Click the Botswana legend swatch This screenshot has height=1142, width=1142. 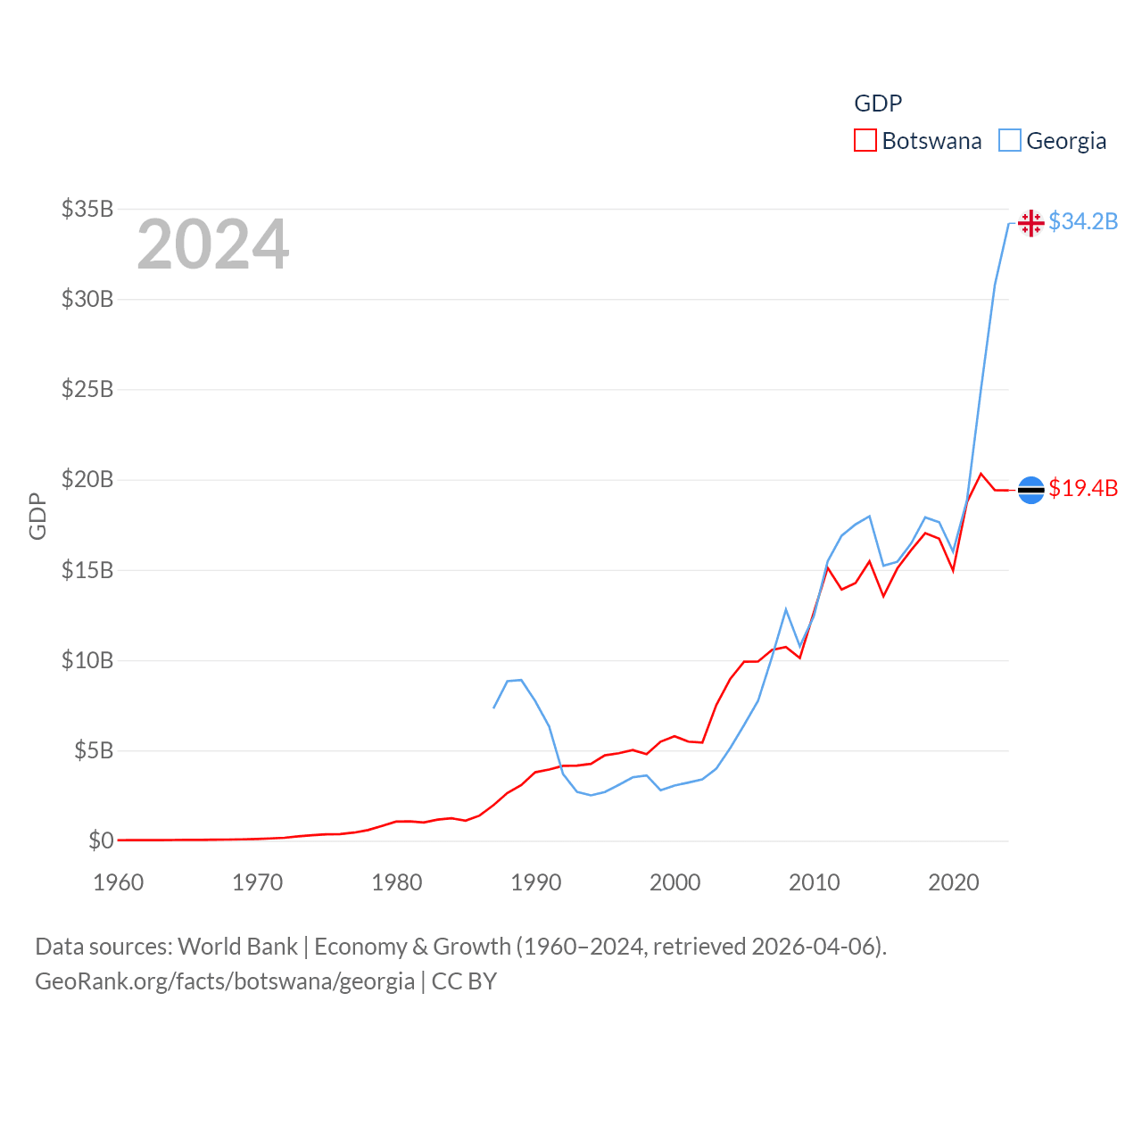pyautogui.click(x=865, y=141)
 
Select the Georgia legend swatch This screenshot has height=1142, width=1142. pyautogui.click(x=1009, y=141)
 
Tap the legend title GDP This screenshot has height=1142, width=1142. pyautogui.click(x=878, y=103)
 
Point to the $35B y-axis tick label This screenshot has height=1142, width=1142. pyautogui.click(x=87, y=209)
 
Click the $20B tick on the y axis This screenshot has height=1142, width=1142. pyautogui.click(x=87, y=479)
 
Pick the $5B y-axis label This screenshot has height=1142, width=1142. pyautogui.click(x=94, y=750)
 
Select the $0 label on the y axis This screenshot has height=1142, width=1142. pyautogui.click(x=101, y=840)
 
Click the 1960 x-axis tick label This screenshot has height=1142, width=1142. pyautogui.click(x=119, y=883)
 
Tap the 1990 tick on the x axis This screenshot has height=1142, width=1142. pyautogui.click(x=536, y=883)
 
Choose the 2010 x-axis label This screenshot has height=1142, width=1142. pyautogui.click(x=815, y=883)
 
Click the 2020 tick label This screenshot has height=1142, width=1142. pyautogui.click(x=954, y=883)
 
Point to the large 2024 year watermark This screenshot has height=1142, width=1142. pyautogui.click(x=213, y=244)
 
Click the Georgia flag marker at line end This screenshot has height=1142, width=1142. pyautogui.click(x=1030, y=222)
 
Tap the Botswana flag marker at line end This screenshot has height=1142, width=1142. pyautogui.click(x=1030, y=490)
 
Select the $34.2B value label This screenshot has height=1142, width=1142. pyautogui.click(x=1083, y=221)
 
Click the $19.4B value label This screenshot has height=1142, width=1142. pyautogui.click(x=1083, y=488)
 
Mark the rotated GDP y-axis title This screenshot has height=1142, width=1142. pyautogui.click(x=37, y=516)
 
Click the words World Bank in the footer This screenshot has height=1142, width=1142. pyautogui.click(x=237, y=946)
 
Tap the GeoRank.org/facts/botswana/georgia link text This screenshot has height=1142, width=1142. pyautogui.click(x=225, y=981)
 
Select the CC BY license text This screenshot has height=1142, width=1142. pyautogui.click(x=464, y=981)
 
